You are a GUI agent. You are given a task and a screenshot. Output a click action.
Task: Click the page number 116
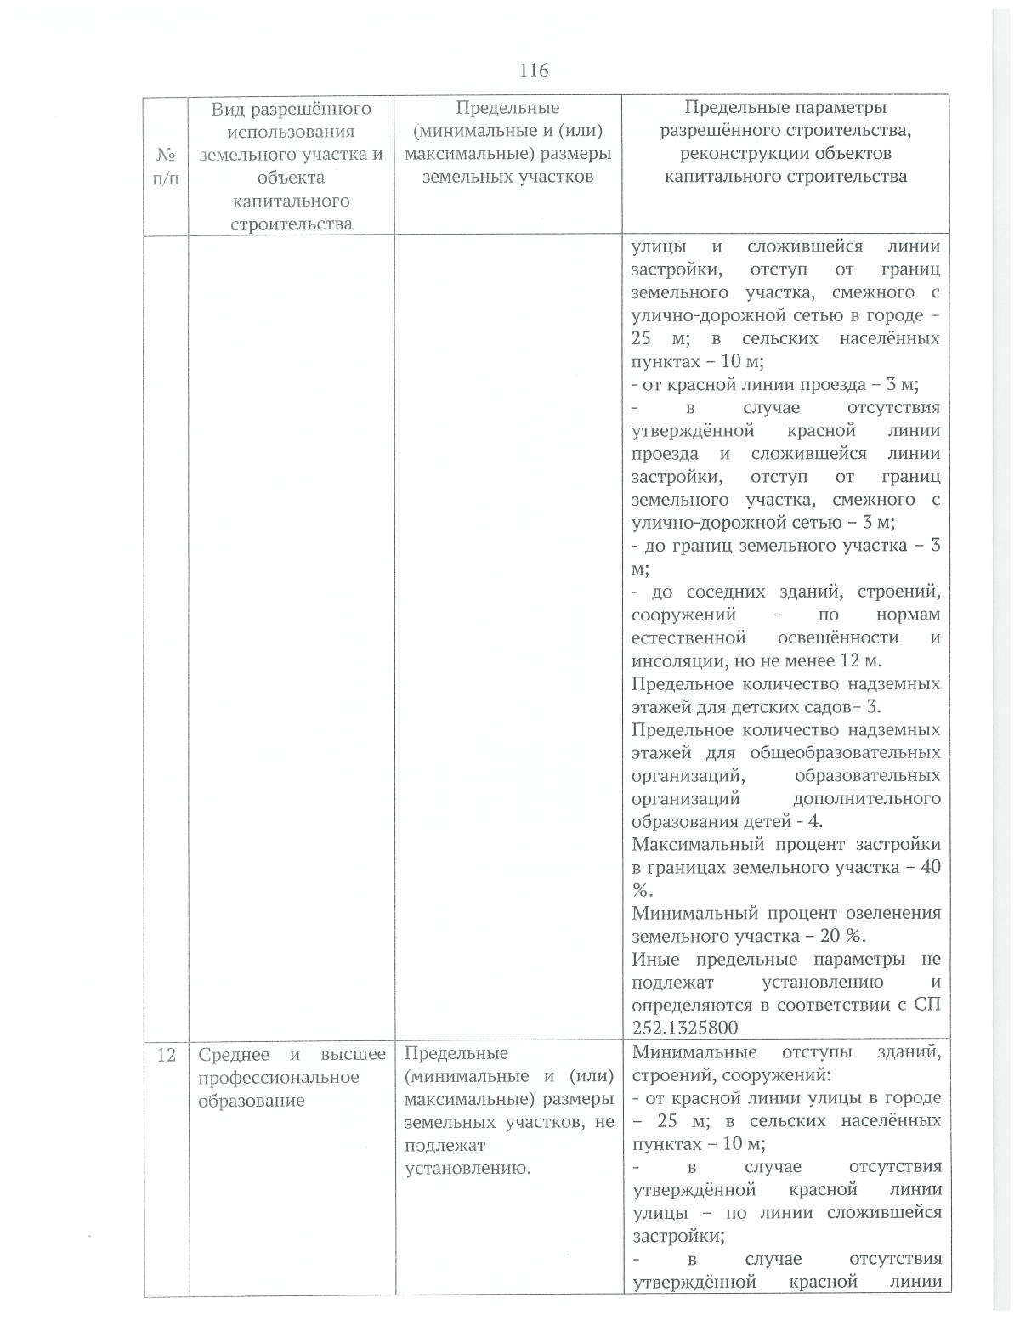pyautogui.click(x=534, y=70)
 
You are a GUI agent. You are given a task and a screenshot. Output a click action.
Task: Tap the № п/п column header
pyautogui.click(x=166, y=166)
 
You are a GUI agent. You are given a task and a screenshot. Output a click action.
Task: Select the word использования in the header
pyautogui.click(x=291, y=132)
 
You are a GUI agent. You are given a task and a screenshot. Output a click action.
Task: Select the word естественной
pyautogui.click(x=688, y=637)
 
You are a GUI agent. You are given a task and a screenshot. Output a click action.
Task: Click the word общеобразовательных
pyautogui.click(x=845, y=752)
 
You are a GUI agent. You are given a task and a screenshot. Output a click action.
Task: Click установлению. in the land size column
pyautogui.click(x=468, y=1168)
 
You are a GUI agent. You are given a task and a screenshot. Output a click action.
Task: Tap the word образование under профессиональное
pyautogui.click(x=252, y=1100)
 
